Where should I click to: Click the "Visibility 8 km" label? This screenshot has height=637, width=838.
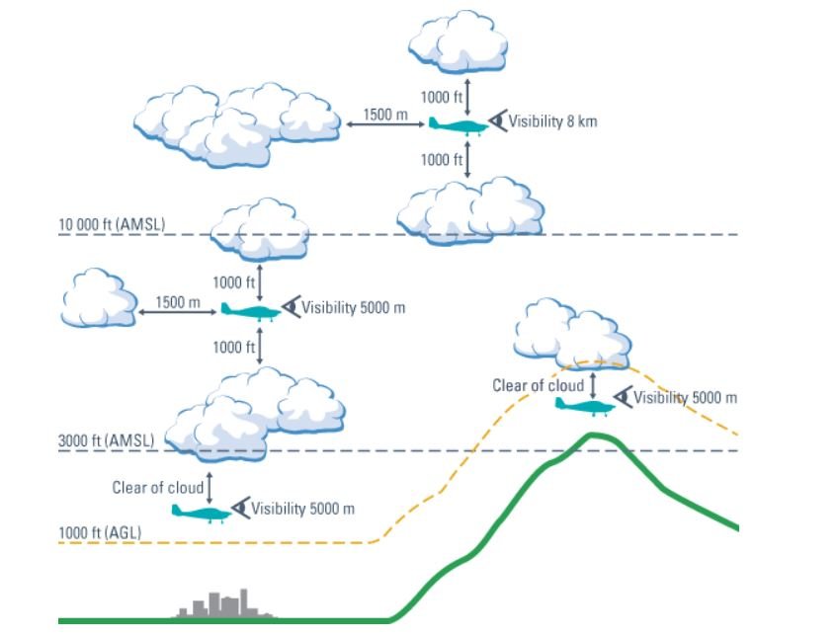[552, 121]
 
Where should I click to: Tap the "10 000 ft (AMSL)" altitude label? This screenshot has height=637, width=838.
[112, 225]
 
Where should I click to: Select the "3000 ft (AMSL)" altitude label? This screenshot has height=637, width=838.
[106, 441]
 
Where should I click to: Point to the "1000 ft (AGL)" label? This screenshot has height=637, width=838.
[100, 532]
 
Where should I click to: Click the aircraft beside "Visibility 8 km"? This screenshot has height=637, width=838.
[458, 126]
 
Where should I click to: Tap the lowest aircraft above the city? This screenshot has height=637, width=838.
[201, 513]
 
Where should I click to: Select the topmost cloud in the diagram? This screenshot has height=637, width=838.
[458, 41]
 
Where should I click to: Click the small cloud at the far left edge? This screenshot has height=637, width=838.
[100, 297]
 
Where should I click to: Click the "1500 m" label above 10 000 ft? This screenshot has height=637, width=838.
[385, 115]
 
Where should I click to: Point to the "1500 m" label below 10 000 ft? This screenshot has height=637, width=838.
[178, 302]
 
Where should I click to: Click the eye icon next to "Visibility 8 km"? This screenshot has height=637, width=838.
[498, 120]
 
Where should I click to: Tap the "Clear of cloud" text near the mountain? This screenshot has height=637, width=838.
[539, 385]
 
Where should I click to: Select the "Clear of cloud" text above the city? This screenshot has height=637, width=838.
[158, 488]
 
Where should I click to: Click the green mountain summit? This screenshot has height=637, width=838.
[592, 436]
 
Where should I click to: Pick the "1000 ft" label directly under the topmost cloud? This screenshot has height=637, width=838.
[442, 97]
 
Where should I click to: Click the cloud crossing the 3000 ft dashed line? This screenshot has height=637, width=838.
[255, 415]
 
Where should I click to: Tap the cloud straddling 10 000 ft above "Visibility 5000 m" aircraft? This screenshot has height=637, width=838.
[260, 229]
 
